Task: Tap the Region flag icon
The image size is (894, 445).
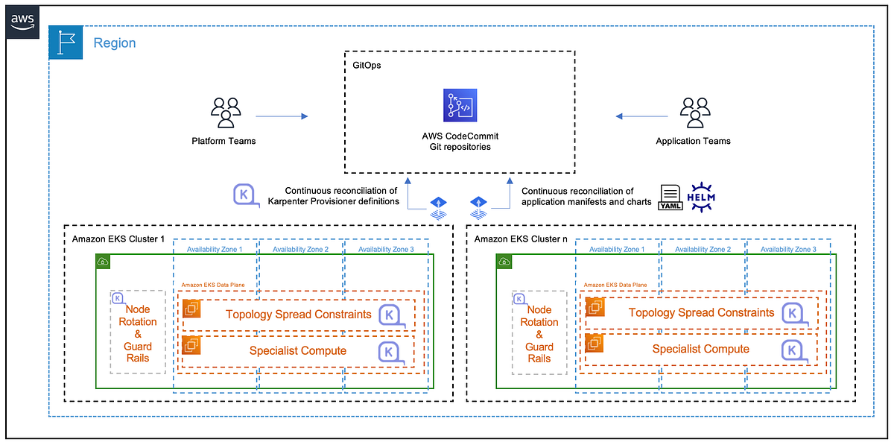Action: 66,43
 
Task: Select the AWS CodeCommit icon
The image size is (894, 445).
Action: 460,105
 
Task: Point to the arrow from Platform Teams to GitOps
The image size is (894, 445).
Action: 281,116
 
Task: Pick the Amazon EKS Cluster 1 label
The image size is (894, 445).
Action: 117,239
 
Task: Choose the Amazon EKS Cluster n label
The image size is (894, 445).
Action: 519,239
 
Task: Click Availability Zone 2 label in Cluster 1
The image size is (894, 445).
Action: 300,249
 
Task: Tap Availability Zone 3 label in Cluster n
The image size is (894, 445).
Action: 788,249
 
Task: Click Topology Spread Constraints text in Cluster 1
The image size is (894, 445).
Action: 298,315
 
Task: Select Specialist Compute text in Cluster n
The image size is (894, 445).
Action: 700,350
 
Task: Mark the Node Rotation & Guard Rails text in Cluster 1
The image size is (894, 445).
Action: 137,334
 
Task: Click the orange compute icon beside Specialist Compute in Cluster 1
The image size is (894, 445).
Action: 191,345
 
